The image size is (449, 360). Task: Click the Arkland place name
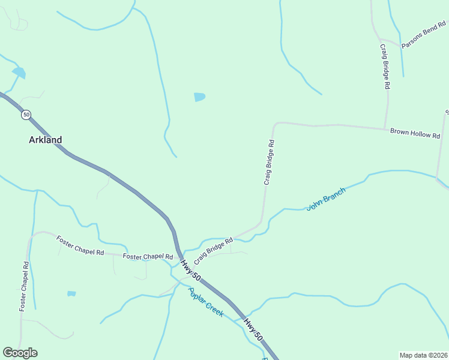click(x=45, y=140)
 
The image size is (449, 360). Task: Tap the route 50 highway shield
click(x=26, y=115)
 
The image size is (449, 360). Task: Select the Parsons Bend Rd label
click(x=424, y=36)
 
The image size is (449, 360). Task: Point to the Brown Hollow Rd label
click(x=415, y=133)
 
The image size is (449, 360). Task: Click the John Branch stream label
click(x=326, y=199)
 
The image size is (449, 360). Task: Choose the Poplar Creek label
click(x=205, y=302)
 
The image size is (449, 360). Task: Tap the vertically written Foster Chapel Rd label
click(x=24, y=286)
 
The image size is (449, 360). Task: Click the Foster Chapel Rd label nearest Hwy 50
click(x=148, y=257)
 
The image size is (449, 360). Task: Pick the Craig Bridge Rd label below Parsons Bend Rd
click(x=384, y=66)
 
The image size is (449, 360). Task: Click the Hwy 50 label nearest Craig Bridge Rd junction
click(x=190, y=271)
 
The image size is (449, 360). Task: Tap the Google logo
click(x=20, y=353)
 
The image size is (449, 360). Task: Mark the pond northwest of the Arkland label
click(x=19, y=73)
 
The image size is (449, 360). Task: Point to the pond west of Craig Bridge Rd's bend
click(x=199, y=97)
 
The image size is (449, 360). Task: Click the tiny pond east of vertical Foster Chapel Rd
click(x=71, y=294)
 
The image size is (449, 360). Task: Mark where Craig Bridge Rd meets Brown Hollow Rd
click(x=386, y=128)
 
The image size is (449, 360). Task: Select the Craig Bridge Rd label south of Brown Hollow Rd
click(x=270, y=163)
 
